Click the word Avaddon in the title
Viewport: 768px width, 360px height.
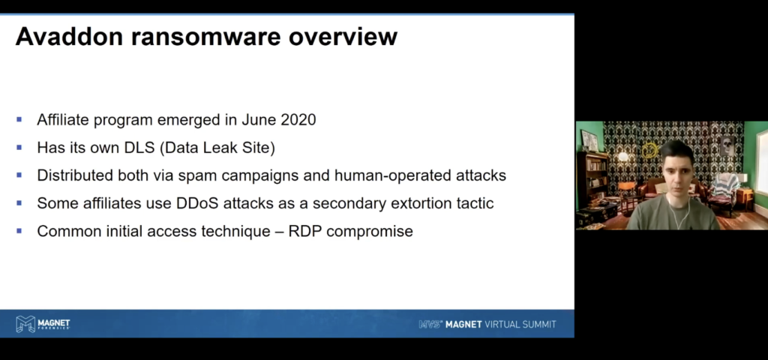tap(69, 37)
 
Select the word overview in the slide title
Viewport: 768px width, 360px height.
tap(343, 37)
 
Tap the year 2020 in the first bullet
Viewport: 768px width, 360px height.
tap(298, 119)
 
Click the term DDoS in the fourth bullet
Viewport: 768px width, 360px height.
tap(197, 203)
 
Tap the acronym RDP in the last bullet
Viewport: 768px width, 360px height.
tap(305, 231)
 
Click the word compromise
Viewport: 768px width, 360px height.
tap(370, 232)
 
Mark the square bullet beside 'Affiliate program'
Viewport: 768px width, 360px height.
tap(19, 119)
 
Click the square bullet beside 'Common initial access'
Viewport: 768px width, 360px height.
tap(19, 231)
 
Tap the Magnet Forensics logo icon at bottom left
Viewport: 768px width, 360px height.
tap(25, 324)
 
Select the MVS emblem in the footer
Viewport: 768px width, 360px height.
tap(430, 324)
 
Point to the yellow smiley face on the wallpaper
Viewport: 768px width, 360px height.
tap(650, 149)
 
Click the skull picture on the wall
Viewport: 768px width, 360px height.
tap(727, 145)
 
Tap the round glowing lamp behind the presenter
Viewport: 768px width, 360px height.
tap(623, 157)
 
